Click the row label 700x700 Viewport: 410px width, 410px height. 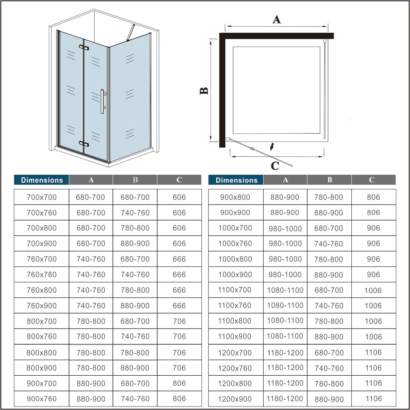point(41,197)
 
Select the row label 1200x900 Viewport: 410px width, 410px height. point(235,399)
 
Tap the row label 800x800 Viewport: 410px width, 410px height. point(41,353)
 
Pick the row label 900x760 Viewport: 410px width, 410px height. point(41,399)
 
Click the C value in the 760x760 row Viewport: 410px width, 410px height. point(179,275)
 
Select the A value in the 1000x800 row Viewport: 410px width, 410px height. point(285,259)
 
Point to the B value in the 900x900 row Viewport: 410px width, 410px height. point(329,213)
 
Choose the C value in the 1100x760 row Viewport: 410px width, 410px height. point(373,306)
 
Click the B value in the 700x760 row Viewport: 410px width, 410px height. point(135,213)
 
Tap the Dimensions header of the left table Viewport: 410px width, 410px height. point(42,180)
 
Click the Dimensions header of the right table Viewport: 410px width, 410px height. point(236,180)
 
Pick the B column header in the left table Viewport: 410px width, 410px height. point(135,180)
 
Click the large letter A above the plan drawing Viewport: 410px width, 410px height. point(276,19)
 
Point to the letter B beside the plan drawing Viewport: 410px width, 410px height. point(204,91)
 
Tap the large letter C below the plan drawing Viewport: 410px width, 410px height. point(275,166)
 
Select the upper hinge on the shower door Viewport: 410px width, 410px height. point(84,48)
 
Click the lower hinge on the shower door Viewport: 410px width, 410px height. point(84,143)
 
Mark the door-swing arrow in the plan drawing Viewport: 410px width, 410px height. point(272,147)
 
